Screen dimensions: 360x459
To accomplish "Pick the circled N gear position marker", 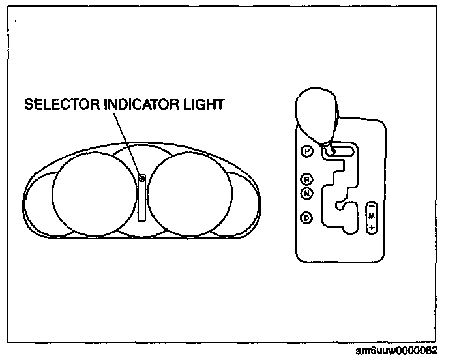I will (x=307, y=192).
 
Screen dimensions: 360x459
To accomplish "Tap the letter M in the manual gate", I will (x=371, y=216).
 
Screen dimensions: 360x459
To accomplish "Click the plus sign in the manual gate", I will (x=371, y=228).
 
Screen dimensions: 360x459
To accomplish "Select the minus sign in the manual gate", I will (x=371, y=205).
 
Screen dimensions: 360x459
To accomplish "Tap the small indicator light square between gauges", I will (x=141, y=177).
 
